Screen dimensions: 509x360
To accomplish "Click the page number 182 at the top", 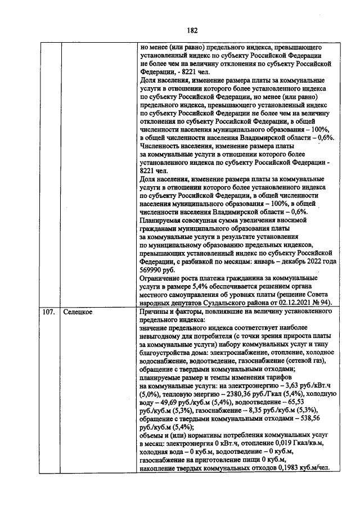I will click(x=192, y=30).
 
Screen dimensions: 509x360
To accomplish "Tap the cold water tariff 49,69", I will click(x=172, y=403).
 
